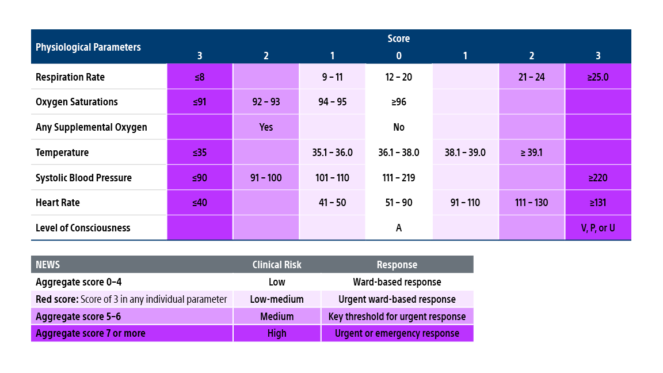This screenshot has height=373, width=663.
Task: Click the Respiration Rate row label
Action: pos(70,77)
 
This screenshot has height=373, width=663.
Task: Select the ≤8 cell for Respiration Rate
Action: pos(200,77)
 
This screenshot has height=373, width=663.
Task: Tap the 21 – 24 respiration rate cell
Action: pos(531,77)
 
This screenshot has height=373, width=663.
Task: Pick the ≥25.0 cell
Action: pos(598,77)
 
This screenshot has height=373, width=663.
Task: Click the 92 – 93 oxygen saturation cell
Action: pos(266,102)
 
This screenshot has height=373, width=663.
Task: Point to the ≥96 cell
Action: pos(399,102)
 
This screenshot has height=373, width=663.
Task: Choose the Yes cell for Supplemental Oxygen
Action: pos(266,127)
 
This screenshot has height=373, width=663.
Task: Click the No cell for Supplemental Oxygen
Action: pos(399,127)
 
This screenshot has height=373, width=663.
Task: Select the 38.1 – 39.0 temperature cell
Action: pos(465,153)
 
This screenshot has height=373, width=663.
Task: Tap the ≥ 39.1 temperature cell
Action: pos(531,153)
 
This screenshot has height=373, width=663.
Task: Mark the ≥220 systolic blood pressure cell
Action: pos(598,178)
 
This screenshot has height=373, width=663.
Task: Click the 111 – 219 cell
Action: pos(399,178)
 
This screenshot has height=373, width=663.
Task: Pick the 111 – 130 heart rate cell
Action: pos(531,203)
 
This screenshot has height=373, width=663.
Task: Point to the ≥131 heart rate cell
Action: pos(598,203)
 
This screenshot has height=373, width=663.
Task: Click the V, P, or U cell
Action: pos(598,228)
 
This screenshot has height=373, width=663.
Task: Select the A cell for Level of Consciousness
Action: pos(399,228)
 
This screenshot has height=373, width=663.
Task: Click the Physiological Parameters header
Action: pos(88,47)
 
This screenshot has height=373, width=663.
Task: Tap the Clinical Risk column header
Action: pos(277,265)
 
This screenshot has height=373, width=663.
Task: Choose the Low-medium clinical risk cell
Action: pos(277,299)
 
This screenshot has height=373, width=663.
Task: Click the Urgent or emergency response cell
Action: pos(397,333)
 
